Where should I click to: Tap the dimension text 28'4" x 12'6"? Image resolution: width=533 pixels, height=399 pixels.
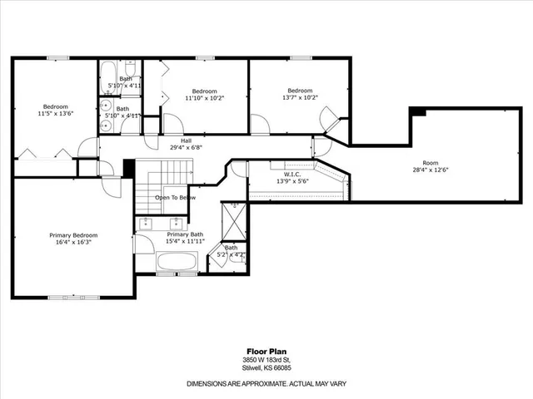tap(430, 170)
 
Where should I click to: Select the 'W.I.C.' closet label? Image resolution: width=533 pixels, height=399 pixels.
tap(291, 175)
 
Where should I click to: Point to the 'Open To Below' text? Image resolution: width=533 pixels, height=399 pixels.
tap(175, 198)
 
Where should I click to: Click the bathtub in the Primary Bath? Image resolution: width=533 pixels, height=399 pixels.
tap(177, 263)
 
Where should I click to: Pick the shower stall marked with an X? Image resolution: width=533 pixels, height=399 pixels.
tap(234, 220)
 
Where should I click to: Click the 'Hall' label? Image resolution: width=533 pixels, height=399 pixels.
tap(186, 140)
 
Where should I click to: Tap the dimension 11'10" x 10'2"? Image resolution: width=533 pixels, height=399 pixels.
tap(204, 98)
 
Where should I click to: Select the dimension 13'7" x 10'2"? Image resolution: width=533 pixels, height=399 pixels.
tap(300, 98)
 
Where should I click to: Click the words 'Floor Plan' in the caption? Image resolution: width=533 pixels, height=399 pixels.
tap(266, 351)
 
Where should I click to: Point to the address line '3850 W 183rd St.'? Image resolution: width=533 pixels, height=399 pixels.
tap(266, 359)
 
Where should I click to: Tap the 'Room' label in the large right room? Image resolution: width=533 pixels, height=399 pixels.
tap(430, 163)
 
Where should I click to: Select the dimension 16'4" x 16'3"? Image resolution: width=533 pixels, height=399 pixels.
tap(72, 243)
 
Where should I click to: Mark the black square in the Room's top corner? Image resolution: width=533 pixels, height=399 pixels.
tap(420, 112)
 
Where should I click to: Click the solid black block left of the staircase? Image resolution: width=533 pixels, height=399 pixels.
tap(128, 167)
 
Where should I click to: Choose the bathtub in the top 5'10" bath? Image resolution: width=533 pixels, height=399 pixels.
tap(109, 80)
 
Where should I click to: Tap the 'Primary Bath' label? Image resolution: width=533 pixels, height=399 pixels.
tap(185, 234)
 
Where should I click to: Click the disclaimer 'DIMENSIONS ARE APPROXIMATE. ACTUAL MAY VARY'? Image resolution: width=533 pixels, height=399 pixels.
tap(266, 383)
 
